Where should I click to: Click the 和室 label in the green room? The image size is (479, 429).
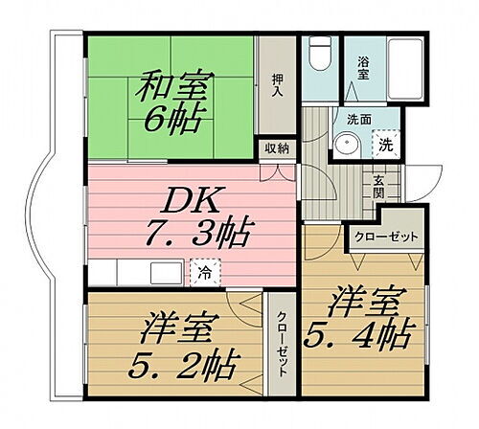tap(173, 87)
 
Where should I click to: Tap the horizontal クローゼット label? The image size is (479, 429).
tap(384, 237)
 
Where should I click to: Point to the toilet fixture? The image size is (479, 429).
tap(319, 56)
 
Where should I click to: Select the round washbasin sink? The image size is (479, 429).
tap(347, 144)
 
